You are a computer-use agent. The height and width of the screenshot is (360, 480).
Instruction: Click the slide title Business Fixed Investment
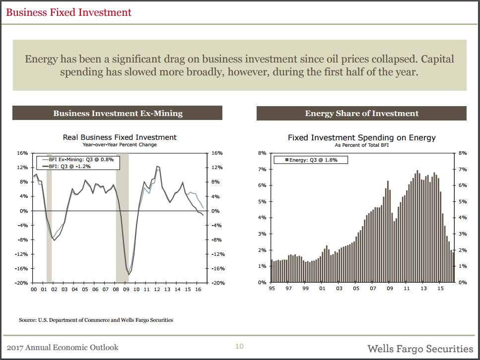point(69,12)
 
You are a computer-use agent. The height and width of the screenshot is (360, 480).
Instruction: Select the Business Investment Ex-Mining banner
point(118,114)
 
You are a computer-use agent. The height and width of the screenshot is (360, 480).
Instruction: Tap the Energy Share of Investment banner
point(361,114)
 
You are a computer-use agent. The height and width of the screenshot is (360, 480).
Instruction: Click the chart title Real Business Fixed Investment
point(120,137)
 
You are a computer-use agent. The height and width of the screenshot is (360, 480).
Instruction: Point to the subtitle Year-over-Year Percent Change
point(120,145)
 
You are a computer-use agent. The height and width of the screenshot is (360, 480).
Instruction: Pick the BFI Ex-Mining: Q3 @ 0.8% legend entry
point(81,160)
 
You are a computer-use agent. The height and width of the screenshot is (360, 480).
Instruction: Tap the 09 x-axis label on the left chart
point(126,289)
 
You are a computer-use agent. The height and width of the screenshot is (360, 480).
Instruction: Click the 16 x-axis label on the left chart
point(198,289)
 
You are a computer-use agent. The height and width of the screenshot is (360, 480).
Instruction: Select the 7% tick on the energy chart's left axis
point(263,170)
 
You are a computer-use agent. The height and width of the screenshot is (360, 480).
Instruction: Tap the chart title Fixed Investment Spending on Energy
point(361,137)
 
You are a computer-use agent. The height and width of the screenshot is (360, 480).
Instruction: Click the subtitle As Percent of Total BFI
point(361,145)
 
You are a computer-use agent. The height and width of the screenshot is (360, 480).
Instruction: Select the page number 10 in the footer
point(239,346)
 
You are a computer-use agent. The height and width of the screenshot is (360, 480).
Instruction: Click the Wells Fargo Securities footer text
point(420,348)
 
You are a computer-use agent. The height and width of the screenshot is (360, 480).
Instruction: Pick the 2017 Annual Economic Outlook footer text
point(62,348)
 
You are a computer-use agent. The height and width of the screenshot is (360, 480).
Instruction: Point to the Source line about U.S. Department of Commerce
point(96,320)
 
